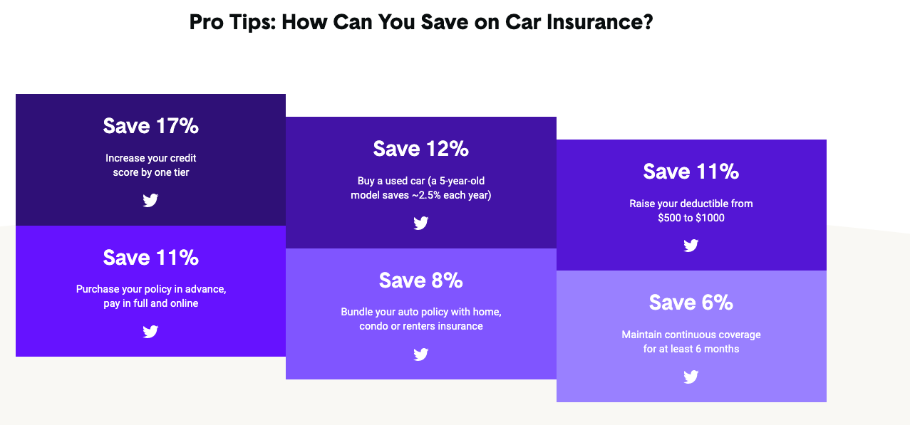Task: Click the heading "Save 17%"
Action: click(x=151, y=126)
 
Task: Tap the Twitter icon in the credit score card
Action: click(x=150, y=200)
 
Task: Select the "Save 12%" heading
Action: click(x=421, y=149)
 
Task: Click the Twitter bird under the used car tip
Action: click(x=421, y=223)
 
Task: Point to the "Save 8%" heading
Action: click(x=421, y=280)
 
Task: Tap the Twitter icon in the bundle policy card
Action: click(x=421, y=355)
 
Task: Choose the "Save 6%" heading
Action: click(x=691, y=303)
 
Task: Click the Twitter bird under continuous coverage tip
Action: click(x=691, y=377)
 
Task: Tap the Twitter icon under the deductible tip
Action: click(x=691, y=245)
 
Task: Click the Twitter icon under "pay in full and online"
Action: click(x=150, y=332)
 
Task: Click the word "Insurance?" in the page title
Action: click(x=599, y=22)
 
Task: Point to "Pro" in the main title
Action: click(x=207, y=22)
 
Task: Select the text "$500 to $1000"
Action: click(x=691, y=218)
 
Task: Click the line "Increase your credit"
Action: click(x=151, y=158)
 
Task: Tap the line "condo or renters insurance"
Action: click(x=421, y=326)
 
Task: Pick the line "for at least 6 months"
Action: click(x=691, y=349)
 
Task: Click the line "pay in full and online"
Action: click(x=151, y=304)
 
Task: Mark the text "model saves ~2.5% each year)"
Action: click(x=421, y=195)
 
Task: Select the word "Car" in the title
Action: click(x=522, y=22)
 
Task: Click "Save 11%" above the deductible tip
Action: click(x=691, y=172)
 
